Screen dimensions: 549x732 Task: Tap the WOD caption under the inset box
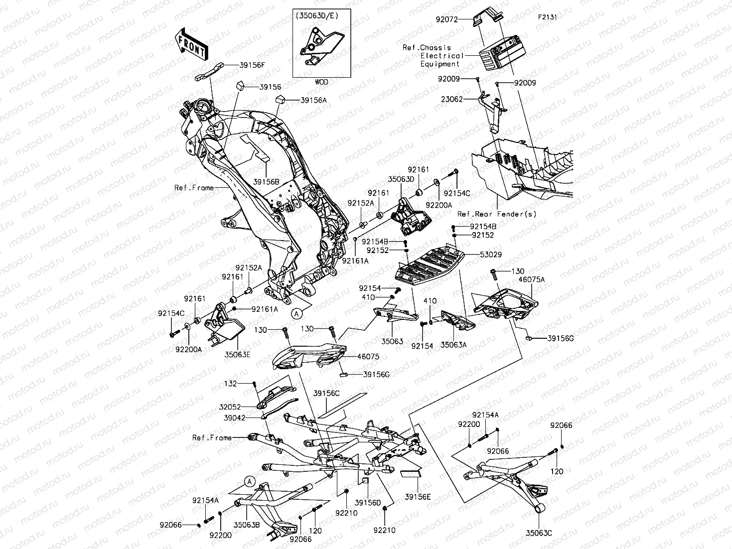tap(322, 82)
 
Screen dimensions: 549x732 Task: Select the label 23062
tap(451, 99)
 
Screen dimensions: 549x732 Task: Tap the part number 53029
tap(490, 255)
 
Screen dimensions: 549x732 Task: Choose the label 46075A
tap(532, 279)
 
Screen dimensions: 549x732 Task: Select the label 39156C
tap(326, 393)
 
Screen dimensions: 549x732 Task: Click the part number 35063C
tap(539, 533)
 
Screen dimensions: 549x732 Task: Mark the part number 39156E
tap(418, 496)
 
